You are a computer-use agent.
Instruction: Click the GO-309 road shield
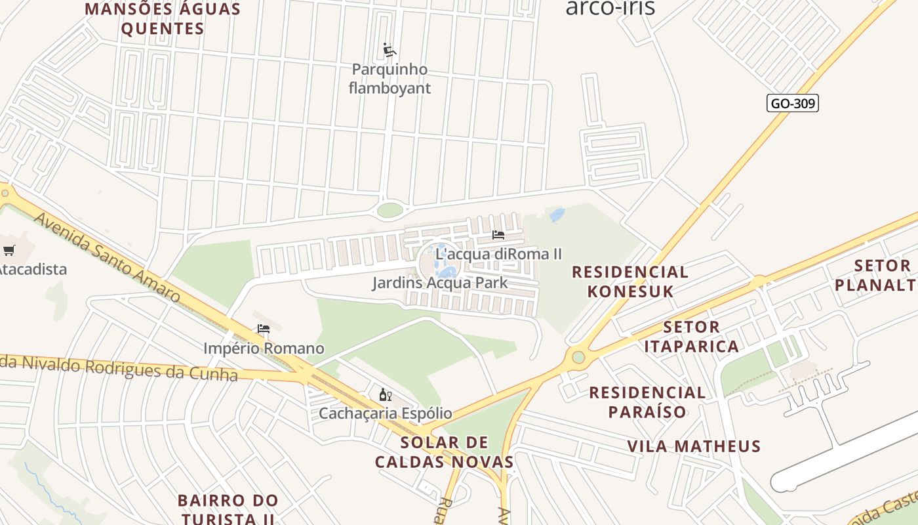pos(792,103)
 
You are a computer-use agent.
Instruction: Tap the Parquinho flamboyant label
pos(389,79)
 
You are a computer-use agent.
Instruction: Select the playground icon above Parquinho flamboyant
pos(389,50)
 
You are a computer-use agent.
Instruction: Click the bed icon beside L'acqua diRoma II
pos(498,234)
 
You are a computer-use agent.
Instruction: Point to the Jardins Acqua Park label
pos(440,283)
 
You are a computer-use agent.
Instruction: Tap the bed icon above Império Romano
pos(264,329)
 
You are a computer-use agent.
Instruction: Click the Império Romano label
pos(264,348)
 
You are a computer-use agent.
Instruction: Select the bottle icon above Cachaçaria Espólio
pos(385,394)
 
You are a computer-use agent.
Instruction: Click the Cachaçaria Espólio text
pos(385,413)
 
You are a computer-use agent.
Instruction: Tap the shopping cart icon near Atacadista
pos(9,249)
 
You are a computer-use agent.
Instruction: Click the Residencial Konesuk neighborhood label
pos(630,282)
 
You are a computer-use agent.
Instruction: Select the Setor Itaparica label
pos(691,336)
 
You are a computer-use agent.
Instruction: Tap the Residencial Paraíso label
pos(647,402)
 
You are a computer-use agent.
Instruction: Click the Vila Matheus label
pos(694,446)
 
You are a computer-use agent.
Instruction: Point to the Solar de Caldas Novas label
pos(444,451)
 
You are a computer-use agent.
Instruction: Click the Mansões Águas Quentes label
pos(163,19)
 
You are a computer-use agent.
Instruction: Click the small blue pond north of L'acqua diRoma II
pos(557,215)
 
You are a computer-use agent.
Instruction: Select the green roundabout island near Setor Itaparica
pos(578,357)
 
